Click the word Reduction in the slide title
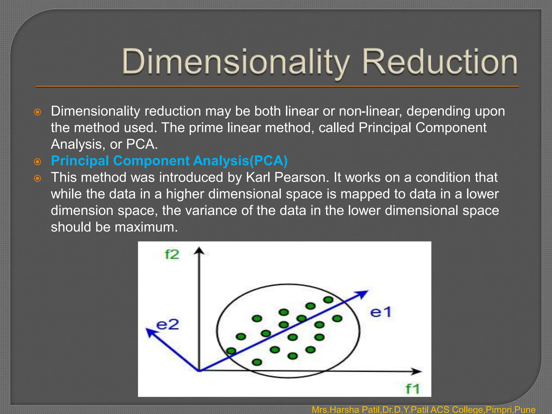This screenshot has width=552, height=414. click(439, 62)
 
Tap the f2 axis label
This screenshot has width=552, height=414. click(172, 255)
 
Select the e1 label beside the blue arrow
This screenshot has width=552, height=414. click(381, 313)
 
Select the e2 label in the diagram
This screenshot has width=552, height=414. click(167, 325)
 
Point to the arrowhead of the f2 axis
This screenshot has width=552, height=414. click(199, 251)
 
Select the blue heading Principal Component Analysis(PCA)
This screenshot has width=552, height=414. click(169, 161)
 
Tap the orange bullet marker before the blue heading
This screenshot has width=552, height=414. click(37, 162)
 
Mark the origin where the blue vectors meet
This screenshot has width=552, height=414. click(199, 371)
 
